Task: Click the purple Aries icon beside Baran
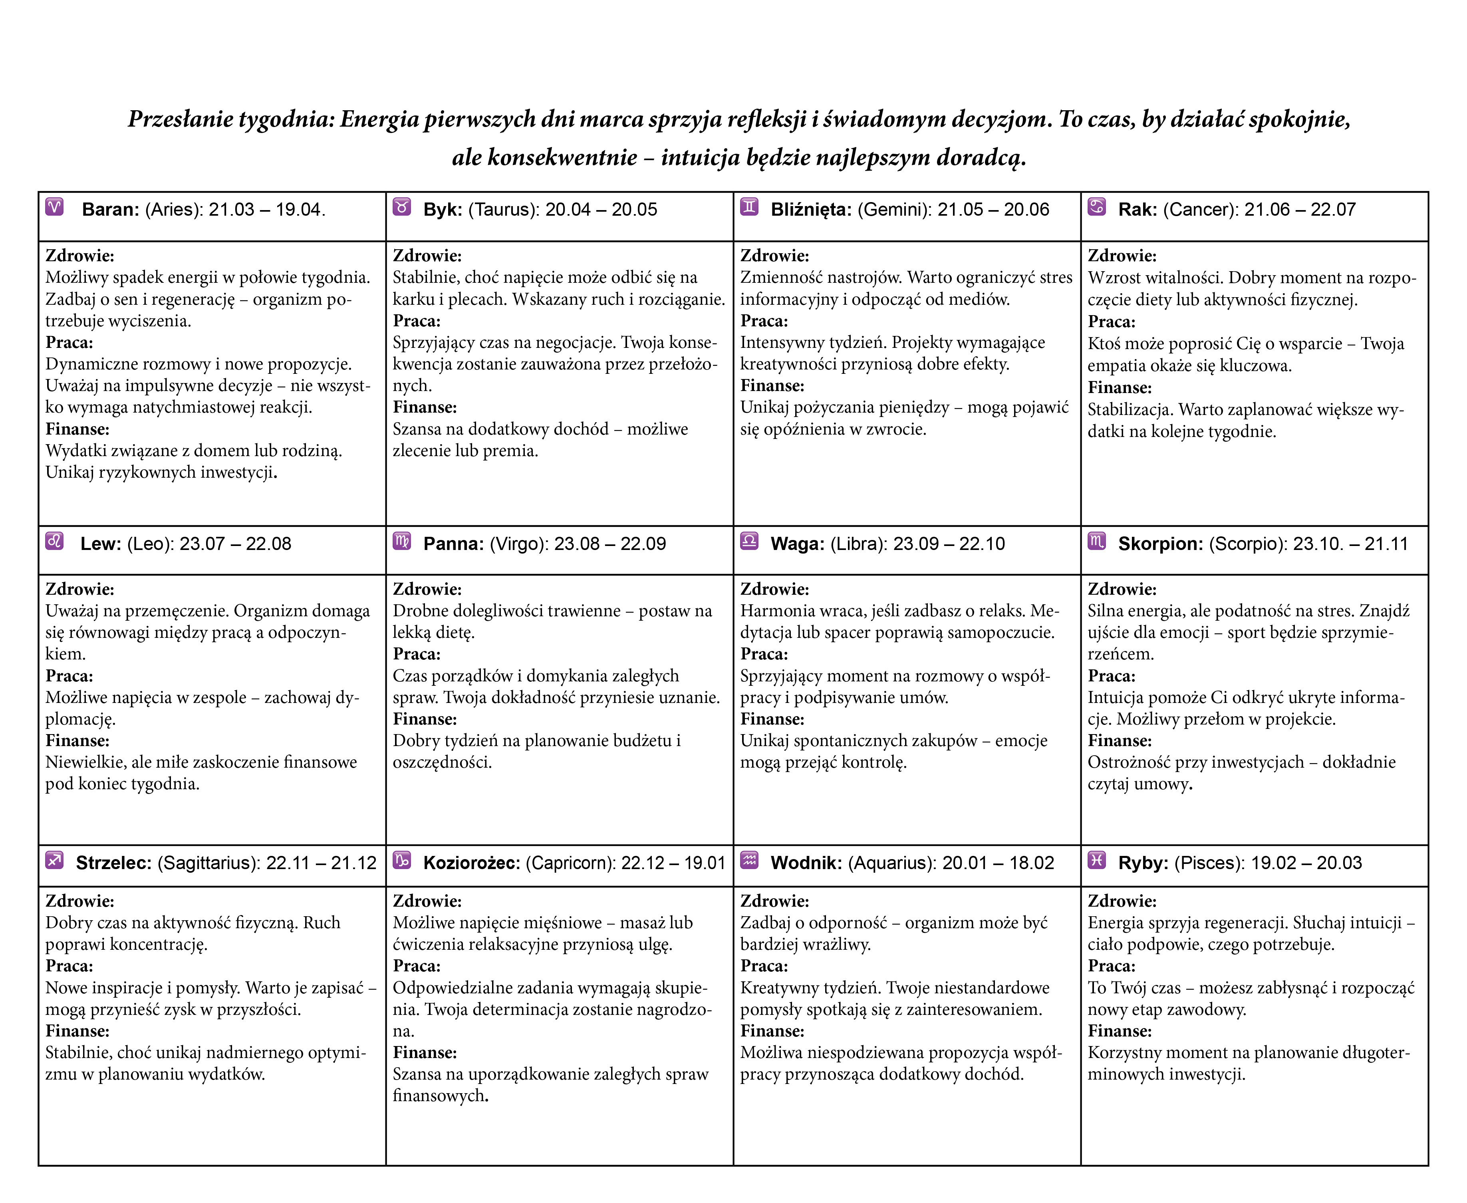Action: pos(55,207)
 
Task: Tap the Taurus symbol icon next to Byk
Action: pos(402,207)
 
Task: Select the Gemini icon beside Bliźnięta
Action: pos(749,207)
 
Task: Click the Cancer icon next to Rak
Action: pos(1096,207)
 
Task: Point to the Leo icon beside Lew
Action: pos(55,541)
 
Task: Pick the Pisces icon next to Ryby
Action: pos(1096,861)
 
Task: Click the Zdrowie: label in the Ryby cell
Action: pos(1122,901)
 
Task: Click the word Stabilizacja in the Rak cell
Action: pos(1130,410)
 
